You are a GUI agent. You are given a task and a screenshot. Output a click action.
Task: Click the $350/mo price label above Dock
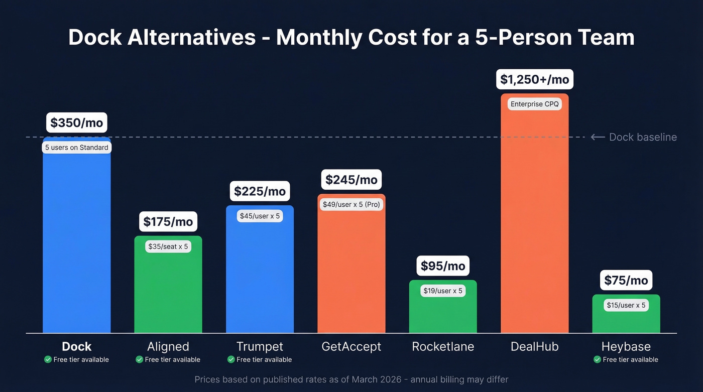tap(76, 123)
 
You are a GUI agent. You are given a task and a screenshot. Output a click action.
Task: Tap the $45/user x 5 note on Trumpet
tap(260, 216)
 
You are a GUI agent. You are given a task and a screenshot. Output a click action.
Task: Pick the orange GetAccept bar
tap(351, 271)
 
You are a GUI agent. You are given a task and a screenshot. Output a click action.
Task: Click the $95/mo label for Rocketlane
tap(443, 266)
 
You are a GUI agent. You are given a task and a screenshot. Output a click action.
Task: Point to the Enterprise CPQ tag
tap(534, 104)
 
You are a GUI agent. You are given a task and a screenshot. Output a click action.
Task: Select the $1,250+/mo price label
tap(535, 79)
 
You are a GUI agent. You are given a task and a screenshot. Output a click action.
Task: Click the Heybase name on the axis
tap(626, 346)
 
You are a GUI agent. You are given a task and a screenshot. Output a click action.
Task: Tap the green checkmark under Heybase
tap(597, 359)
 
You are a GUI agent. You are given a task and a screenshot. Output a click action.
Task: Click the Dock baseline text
tap(643, 137)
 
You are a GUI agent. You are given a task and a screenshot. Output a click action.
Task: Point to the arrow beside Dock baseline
tap(598, 137)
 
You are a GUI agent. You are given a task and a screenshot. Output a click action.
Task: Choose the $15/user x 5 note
tap(626, 305)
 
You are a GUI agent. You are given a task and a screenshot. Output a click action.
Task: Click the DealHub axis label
tap(534, 346)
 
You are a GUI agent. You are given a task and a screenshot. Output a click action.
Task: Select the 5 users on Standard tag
tap(76, 148)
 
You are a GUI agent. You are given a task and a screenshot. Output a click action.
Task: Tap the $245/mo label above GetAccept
tap(351, 180)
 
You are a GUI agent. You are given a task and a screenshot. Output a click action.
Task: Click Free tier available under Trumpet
tap(264, 359)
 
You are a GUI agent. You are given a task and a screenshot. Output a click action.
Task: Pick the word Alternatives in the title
tap(191, 38)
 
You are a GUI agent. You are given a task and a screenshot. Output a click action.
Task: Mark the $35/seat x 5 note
tap(168, 246)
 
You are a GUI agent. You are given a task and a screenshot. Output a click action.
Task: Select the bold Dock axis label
tap(76, 346)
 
